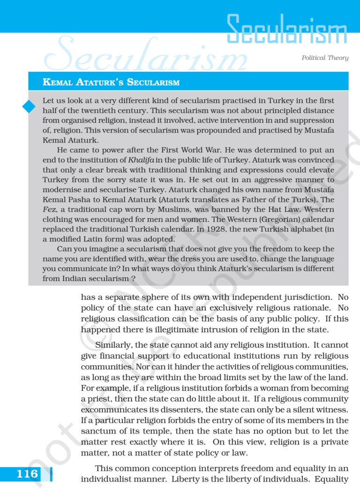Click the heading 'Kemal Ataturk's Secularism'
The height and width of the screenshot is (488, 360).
pos(111,83)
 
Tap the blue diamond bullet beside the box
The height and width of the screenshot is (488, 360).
pos(29,107)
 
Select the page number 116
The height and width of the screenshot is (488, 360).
pos(27,474)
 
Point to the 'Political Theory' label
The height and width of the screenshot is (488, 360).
pos(325,58)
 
